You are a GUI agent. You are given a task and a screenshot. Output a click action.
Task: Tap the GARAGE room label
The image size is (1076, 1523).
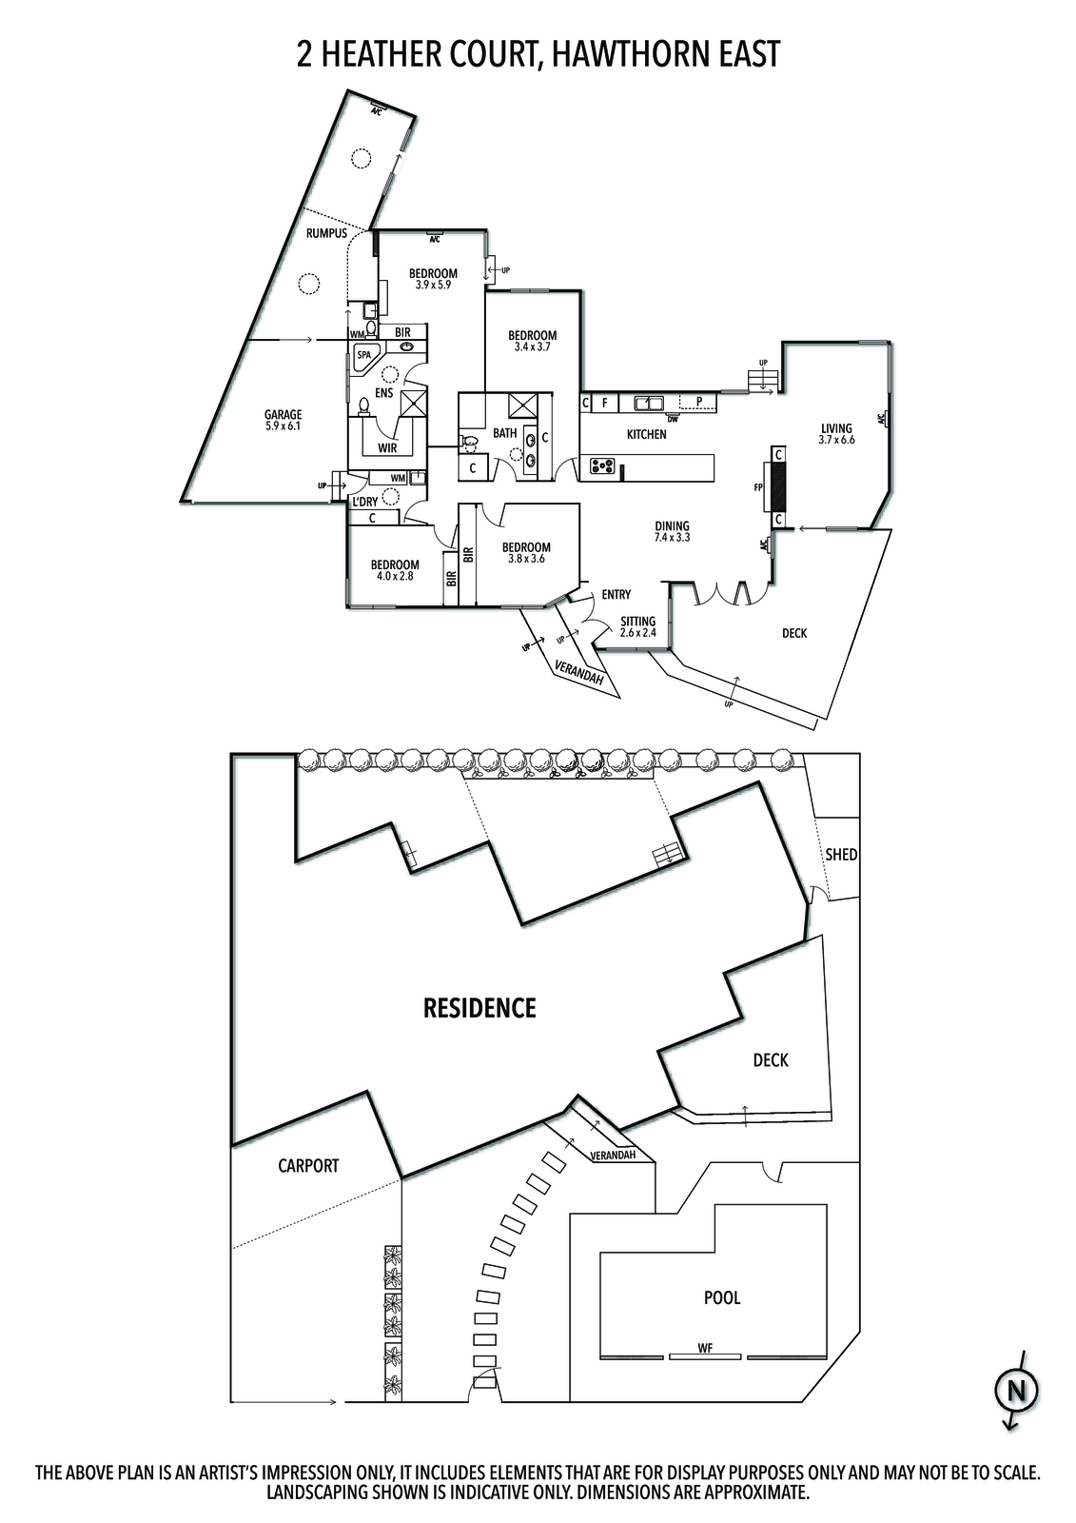click(283, 415)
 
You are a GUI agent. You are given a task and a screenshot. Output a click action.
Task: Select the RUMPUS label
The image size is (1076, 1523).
click(326, 234)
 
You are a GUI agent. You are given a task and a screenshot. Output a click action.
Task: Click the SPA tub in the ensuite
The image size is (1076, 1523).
click(365, 355)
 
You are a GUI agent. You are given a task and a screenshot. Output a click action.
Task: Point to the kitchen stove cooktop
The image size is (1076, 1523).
click(601, 466)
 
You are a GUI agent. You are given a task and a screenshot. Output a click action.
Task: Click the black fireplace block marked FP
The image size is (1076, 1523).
click(779, 486)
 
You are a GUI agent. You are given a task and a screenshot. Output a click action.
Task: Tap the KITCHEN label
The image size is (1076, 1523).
click(646, 434)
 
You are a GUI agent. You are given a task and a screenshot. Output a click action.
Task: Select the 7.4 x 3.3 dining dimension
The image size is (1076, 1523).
click(673, 537)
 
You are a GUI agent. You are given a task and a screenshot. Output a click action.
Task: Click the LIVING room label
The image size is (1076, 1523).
click(836, 428)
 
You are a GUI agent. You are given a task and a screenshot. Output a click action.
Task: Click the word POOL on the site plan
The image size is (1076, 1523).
click(722, 1298)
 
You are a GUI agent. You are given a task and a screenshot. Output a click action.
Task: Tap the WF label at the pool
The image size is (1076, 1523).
click(705, 1348)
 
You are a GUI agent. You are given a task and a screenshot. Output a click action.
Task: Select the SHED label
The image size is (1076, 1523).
click(841, 855)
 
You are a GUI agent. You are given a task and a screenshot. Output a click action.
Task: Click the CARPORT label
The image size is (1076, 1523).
click(308, 1166)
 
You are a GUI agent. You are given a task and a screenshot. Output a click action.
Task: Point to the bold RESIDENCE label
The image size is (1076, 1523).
click(479, 1008)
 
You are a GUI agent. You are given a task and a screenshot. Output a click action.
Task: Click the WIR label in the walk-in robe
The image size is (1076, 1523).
click(387, 448)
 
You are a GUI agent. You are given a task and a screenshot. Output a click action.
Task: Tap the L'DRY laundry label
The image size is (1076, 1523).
click(365, 502)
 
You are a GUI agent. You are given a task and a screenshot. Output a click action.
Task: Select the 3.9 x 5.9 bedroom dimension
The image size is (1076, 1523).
click(433, 285)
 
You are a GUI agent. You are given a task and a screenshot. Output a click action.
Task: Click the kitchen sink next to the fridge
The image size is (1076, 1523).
click(650, 403)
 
